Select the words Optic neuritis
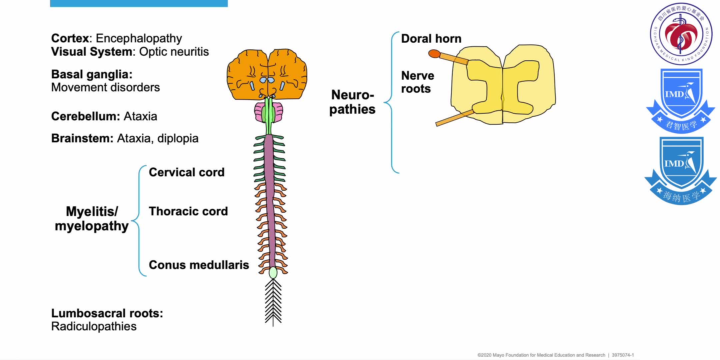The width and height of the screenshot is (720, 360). [x=174, y=52]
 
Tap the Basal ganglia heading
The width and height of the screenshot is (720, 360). [x=92, y=74]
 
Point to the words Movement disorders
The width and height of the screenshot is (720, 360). [x=105, y=87]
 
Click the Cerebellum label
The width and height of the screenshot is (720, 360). [x=85, y=116]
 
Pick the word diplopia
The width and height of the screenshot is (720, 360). [x=178, y=138]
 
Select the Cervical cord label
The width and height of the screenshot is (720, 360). [x=186, y=172]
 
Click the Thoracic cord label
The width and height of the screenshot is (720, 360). [x=188, y=211]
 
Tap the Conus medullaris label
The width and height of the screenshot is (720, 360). [x=199, y=265]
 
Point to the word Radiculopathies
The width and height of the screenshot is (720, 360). [x=94, y=326]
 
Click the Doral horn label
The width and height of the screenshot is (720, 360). [x=431, y=39]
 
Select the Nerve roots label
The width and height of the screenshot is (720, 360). [x=417, y=82]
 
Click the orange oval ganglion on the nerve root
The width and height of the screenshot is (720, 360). [x=434, y=53]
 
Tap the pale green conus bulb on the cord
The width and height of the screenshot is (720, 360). [x=273, y=272]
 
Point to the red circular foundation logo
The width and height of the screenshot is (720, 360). [x=681, y=34]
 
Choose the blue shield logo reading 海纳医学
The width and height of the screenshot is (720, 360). [x=680, y=170]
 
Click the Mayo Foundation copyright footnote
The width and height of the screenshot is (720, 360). [x=555, y=355]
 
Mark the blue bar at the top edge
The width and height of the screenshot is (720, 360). [x=139, y=3]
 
